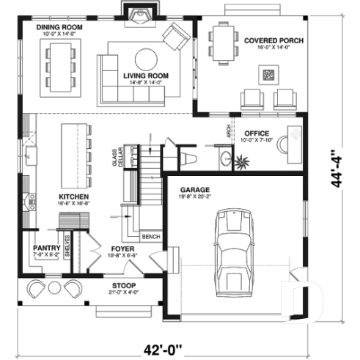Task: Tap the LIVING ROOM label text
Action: tap(146, 76)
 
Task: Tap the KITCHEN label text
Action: tap(74, 197)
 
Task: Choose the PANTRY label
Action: tap(45, 249)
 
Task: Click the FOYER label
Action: tap(121, 249)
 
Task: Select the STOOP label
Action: tap(124, 284)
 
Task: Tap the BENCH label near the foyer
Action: tap(151, 237)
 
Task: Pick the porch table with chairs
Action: tap(223, 36)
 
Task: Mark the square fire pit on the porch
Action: tap(269, 73)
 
